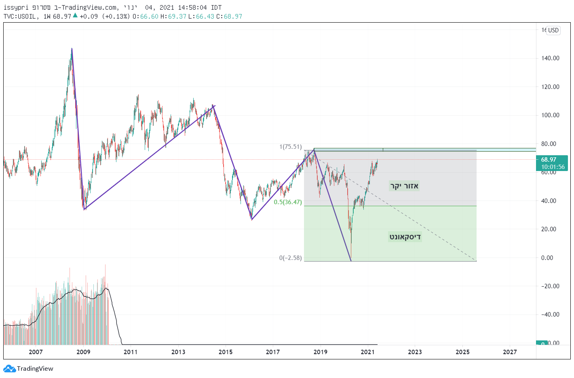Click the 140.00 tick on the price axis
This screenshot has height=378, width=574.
pyautogui.click(x=550, y=58)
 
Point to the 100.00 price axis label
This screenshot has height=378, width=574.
pyautogui.click(x=550, y=115)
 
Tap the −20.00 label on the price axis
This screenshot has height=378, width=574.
pyautogui.click(x=550, y=286)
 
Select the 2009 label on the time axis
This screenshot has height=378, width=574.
pyautogui.click(x=83, y=352)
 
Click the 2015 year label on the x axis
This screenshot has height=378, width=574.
pyautogui.click(x=226, y=352)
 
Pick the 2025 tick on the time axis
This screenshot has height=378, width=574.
pyautogui.click(x=462, y=352)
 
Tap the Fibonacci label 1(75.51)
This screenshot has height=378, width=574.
pyautogui.click(x=290, y=147)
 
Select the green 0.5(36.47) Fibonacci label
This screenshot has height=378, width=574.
pyautogui.click(x=288, y=202)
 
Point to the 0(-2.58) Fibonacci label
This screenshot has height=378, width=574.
pyautogui.click(x=290, y=258)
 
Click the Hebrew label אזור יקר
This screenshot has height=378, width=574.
pyautogui.click(x=404, y=186)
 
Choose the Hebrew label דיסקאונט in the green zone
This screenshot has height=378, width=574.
pyautogui.click(x=405, y=237)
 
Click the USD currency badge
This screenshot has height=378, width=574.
pyautogui.click(x=553, y=30)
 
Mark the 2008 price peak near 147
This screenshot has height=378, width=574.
pyautogui.click(x=72, y=49)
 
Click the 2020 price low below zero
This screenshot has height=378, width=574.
pyautogui.click(x=351, y=261)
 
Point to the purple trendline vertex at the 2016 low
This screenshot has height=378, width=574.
pyautogui.click(x=251, y=220)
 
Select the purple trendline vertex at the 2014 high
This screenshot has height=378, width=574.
pyautogui.click(x=214, y=106)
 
